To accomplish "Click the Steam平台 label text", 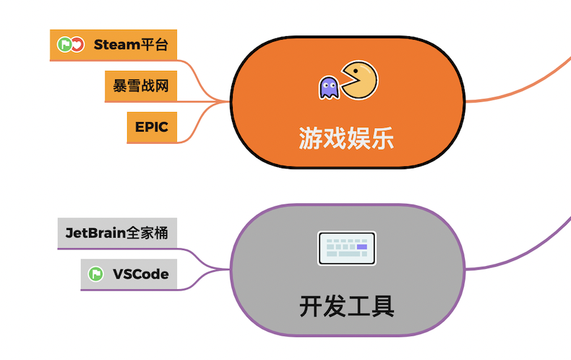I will [x=131, y=45].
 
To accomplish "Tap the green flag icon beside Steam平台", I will [x=64, y=45].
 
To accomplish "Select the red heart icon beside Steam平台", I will [x=77, y=45].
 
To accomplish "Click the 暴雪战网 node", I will [x=141, y=86].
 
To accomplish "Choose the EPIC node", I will [x=151, y=127].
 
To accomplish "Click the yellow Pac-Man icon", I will [x=359, y=80].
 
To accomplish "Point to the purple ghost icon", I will [x=329, y=87].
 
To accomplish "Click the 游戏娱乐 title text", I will [x=347, y=137].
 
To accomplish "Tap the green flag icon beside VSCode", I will [x=95, y=274].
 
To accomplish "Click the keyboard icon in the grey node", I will [x=347, y=248].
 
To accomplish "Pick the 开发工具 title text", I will [x=347, y=307].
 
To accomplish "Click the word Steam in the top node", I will [x=116, y=45].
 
